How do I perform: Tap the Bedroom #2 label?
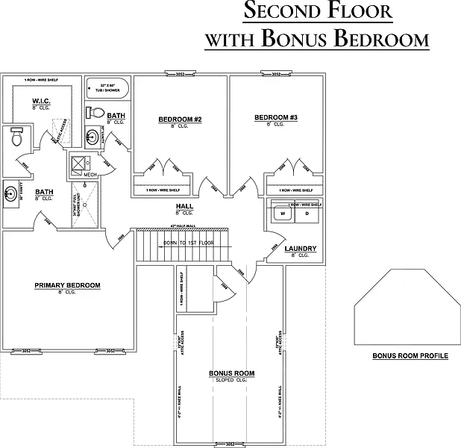point(181,119)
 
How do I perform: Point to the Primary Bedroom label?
point(67,285)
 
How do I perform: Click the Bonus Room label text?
point(231,373)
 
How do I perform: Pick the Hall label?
point(185,207)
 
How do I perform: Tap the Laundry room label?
point(301,249)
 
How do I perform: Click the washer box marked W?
point(283,214)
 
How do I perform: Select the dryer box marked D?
point(306,214)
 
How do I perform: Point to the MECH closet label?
point(90,175)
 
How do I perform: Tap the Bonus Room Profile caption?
point(410,356)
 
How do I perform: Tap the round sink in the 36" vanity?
point(11,194)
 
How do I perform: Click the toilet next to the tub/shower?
point(95,113)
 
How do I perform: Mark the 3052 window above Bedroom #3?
point(276,74)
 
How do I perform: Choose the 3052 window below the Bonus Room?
point(230,444)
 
